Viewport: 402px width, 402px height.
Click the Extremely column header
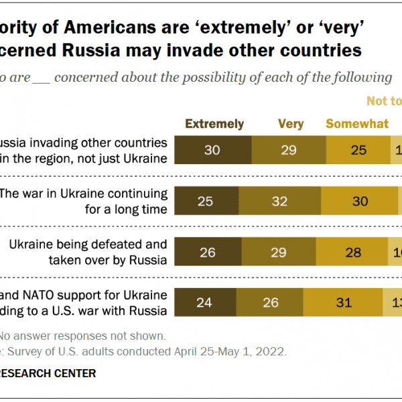(x=214, y=124)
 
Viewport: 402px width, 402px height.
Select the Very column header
(x=291, y=124)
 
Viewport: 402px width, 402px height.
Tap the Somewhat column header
(x=357, y=124)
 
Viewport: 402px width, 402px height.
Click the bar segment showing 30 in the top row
(x=212, y=150)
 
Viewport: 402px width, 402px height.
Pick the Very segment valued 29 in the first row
(x=289, y=150)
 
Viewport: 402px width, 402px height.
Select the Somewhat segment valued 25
(x=358, y=150)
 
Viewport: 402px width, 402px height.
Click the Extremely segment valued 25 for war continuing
(x=206, y=201)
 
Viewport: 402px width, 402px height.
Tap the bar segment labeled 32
(x=279, y=201)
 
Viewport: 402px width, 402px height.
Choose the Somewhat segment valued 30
(x=359, y=201)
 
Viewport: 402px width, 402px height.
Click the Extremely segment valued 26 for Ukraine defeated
(x=208, y=252)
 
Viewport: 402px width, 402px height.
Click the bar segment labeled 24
(x=205, y=303)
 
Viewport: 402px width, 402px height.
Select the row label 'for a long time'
(x=129, y=208)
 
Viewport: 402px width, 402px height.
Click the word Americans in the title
(x=123, y=27)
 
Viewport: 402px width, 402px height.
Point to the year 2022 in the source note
(x=272, y=351)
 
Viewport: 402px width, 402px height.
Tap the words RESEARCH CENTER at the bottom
(x=48, y=373)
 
